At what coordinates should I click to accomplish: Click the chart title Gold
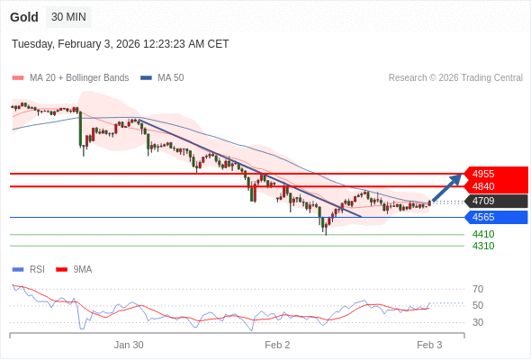24,17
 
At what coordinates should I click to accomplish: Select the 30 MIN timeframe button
69,17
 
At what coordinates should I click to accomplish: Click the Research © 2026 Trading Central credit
455,78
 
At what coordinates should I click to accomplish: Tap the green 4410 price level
483,234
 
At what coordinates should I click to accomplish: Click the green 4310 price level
483,246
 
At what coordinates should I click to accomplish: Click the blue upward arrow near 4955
446,188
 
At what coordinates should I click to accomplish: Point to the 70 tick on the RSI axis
478,289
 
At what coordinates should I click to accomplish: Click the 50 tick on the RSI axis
478,306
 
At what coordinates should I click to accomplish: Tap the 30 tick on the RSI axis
478,322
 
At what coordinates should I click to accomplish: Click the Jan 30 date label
129,345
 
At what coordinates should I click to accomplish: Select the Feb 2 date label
277,345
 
